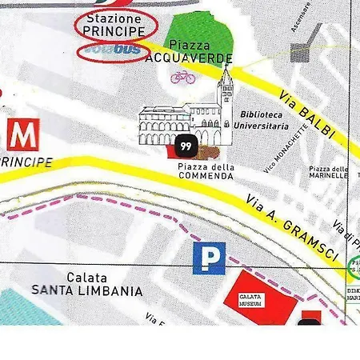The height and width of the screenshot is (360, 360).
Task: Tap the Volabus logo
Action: [x=113, y=50]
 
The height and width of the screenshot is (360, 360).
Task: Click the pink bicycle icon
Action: [x=182, y=77]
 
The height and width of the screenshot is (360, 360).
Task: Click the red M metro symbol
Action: [x=22, y=135]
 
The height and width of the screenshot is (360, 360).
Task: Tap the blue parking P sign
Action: [x=209, y=258]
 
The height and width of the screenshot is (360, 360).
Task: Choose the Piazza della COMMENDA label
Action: [x=206, y=170]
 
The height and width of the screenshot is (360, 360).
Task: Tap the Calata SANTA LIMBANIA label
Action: [x=87, y=284]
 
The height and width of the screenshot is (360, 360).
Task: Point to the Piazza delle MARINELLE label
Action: [x=328, y=174]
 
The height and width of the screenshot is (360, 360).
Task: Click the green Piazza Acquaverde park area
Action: [x=200, y=32]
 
